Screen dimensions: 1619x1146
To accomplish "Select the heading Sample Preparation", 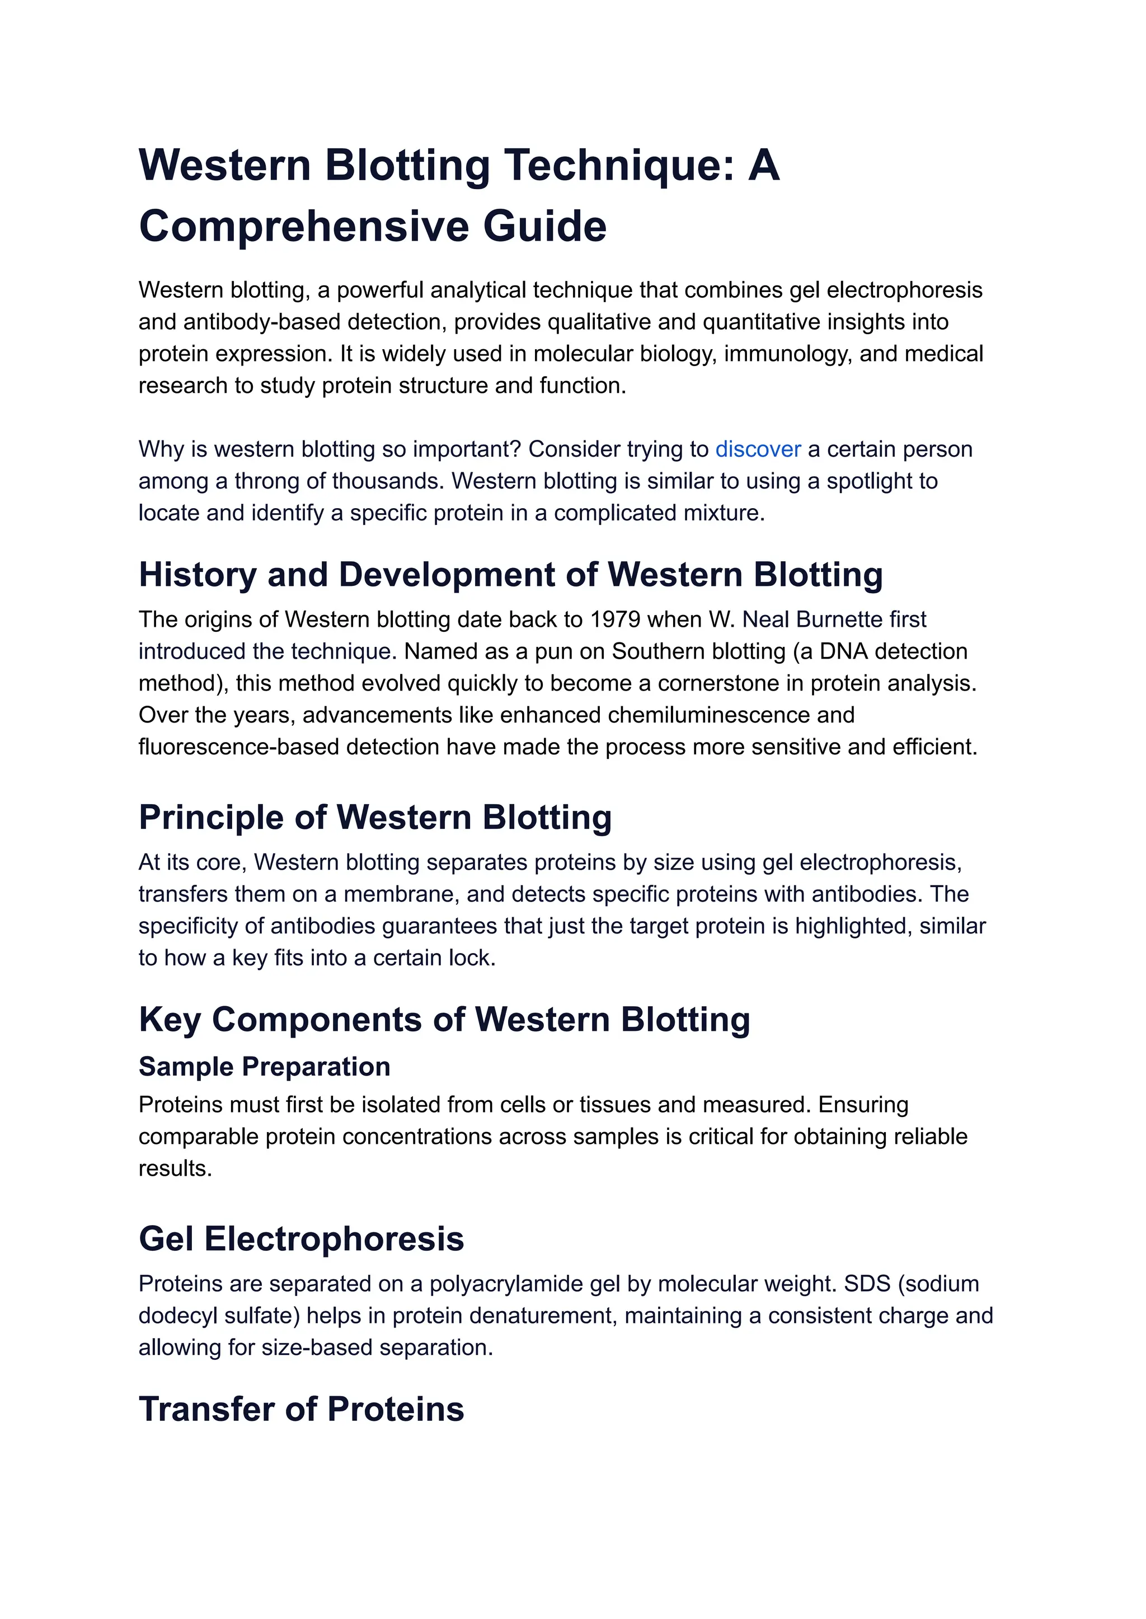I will point(264,1067).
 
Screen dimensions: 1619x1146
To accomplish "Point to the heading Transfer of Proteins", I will point(301,1409).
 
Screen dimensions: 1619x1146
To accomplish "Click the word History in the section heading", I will point(198,575).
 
